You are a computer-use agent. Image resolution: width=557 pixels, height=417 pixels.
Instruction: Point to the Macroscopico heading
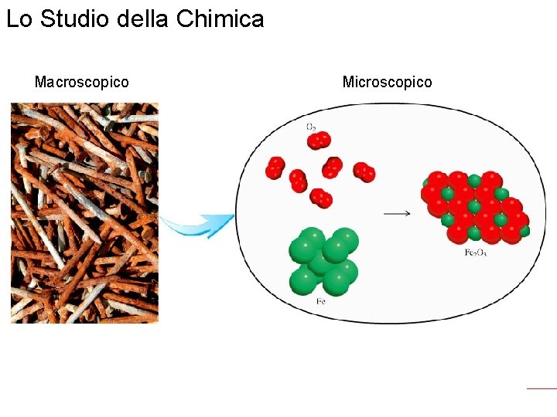(82, 82)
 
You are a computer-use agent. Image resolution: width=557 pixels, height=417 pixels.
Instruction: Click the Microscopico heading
(387, 82)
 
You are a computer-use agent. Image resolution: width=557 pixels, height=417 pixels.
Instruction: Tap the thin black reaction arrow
(397, 213)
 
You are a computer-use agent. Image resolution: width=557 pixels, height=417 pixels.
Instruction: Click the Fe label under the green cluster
(320, 301)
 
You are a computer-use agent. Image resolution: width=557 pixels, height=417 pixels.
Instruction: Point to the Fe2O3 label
(475, 253)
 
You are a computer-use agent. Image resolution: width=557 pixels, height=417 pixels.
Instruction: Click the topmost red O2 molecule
(319, 141)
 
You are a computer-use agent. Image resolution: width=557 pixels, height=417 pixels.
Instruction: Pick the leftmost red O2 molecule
(275, 168)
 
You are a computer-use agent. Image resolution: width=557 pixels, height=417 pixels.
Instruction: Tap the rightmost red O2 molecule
(364, 172)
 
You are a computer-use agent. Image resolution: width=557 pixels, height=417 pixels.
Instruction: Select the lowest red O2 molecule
(321, 198)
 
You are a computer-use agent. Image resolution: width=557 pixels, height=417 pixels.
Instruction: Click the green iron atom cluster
(323, 260)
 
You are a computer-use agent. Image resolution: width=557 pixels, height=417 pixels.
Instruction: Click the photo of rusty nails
(84, 212)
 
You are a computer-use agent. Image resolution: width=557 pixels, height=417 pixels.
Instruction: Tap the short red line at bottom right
(542, 388)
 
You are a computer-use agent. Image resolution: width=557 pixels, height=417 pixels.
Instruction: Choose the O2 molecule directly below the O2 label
(319, 141)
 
